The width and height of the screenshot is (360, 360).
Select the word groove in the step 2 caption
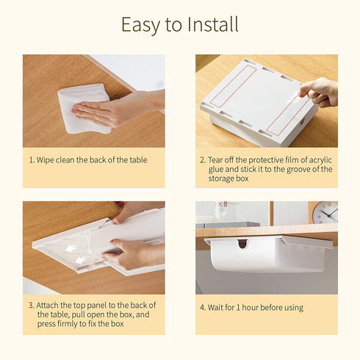[287, 169]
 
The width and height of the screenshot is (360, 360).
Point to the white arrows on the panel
[73, 250]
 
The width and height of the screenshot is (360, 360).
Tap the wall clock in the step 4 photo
[324, 212]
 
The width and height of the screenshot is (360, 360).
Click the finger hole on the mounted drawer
[242, 242]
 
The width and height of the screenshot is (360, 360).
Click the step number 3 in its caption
[31, 305]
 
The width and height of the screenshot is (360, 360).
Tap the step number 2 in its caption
[202, 159]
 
